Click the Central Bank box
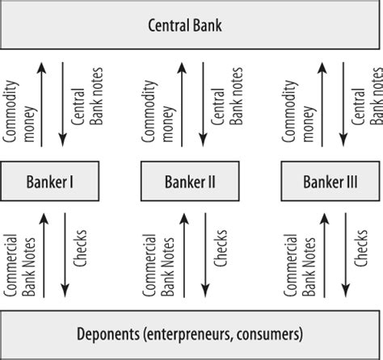click(x=190, y=25)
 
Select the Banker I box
click(x=49, y=181)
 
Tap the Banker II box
click(x=190, y=181)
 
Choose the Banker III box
click(x=330, y=181)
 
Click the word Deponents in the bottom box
click(x=108, y=334)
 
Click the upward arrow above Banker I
click(x=41, y=105)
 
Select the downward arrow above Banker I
click(x=63, y=105)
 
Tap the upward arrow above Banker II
click(x=182, y=105)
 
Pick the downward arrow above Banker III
click(x=343, y=105)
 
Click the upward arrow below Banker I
click(x=44, y=255)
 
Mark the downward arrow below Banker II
click(x=205, y=255)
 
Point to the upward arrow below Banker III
click(x=324, y=255)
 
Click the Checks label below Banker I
click(x=80, y=248)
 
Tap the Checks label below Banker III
click(x=360, y=248)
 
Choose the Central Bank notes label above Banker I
click(x=87, y=96)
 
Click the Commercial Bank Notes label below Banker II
click(x=158, y=266)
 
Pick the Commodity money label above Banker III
click(x=298, y=111)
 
